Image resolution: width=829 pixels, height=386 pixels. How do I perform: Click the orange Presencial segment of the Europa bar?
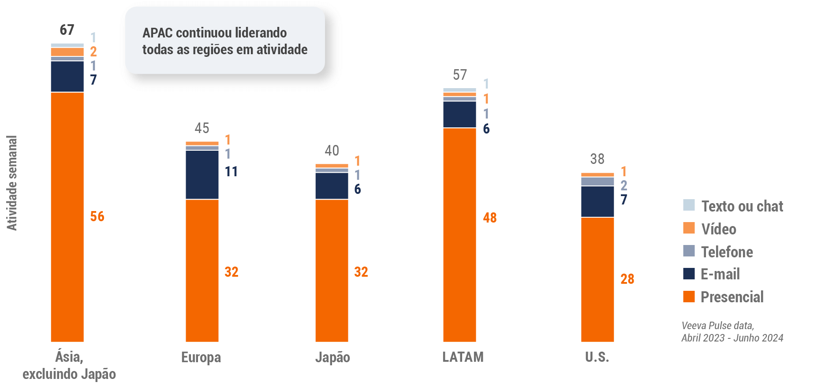pos(202,270)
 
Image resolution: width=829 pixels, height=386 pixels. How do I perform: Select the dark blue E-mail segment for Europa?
pos(202,174)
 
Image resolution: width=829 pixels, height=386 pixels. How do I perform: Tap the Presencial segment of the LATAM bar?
pos(459,234)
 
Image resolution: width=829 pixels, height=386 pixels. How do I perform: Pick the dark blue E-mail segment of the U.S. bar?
pos(597,201)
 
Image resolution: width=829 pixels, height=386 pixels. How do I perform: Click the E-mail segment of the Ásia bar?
pos(67,76)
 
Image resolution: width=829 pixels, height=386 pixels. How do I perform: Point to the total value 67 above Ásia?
pos(67,30)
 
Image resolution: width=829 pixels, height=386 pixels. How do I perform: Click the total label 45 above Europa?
pos(202,128)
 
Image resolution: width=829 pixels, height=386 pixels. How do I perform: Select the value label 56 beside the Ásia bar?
pos(97,216)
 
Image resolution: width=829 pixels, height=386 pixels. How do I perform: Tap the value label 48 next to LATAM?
pos(489,218)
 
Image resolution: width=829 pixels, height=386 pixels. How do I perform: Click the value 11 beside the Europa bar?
pos(231,171)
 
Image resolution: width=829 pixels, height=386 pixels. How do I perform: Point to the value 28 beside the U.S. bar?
pos(627,279)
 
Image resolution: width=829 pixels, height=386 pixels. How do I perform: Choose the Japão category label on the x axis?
pos(332,357)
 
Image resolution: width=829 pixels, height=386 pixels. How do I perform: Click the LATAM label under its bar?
pos(463,357)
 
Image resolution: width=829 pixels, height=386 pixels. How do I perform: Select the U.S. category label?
pos(597,357)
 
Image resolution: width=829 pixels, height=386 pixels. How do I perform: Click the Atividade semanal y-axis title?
pos(12,183)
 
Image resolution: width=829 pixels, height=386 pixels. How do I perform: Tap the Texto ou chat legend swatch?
pos(689,205)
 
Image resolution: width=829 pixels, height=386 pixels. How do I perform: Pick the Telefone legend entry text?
pos(727,252)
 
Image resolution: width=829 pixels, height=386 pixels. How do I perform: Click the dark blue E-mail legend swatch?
pos(689,274)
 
